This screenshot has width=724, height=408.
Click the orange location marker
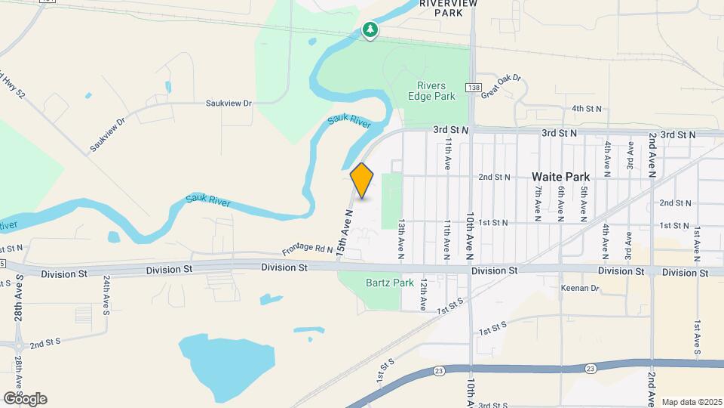pos(362,181)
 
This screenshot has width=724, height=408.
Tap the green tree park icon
pos(370,30)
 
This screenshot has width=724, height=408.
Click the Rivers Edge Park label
pos(431,91)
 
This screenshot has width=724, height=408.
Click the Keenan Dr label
pos(579,288)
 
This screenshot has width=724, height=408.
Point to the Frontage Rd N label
pos(308,249)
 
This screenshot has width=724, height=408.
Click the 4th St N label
pos(587,109)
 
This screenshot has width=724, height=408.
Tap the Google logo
pos(25,399)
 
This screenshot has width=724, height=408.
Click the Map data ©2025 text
pos(692,401)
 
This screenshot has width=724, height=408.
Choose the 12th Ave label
pos(425,292)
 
